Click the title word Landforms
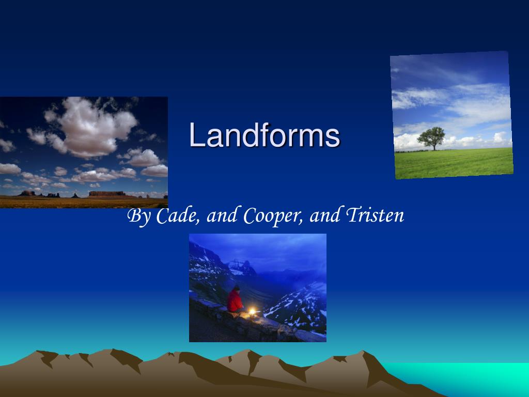pos(264,135)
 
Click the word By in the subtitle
pos(138,216)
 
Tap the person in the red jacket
pos(235,300)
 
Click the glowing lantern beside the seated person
pos(253,311)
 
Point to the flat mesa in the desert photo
pos(107,193)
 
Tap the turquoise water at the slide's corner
pos(465,377)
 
